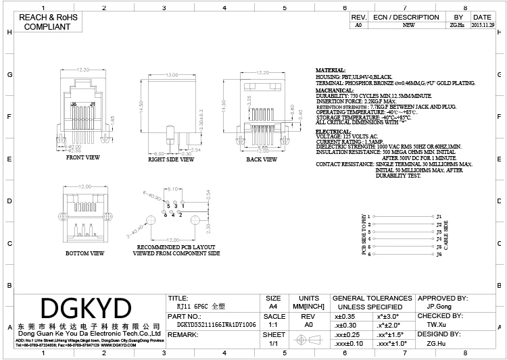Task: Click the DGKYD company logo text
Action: coord(85,308)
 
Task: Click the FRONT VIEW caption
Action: coord(82,157)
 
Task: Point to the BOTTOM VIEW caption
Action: coord(84,253)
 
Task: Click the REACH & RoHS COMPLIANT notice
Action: coord(47,22)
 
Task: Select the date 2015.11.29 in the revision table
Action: coord(482,24)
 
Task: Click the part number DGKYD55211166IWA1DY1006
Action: coord(211,325)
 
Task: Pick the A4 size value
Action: coord(273,306)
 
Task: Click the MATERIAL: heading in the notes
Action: coord(331,70)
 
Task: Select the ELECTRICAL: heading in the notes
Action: coord(333,131)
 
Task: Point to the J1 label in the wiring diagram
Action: coord(439,216)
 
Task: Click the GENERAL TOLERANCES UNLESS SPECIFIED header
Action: coord(372,302)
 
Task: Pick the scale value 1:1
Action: coord(273,325)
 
